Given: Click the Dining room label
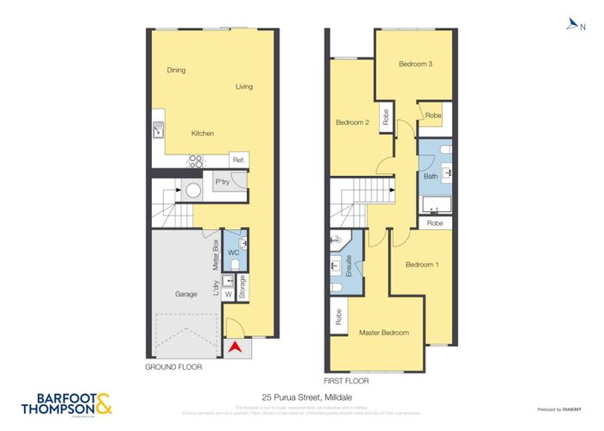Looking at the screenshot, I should (x=176, y=70).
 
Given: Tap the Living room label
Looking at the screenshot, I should (x=244, y=86).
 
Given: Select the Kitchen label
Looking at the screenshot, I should (x=203, y=133).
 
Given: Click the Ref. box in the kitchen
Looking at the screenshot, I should (x=239, y=160).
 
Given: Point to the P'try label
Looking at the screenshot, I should (x=222, y=182).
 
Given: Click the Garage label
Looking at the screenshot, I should (x=186, y=294).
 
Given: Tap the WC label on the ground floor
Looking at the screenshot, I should (x=232, y=253).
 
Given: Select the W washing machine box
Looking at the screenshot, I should (x=229, y=295).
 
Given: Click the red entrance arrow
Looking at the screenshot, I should (x=234, y=347).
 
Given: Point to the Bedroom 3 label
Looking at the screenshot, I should (x=415, y=64).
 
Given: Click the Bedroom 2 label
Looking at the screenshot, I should (x=352, y=122).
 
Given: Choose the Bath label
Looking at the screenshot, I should (x=430, y=177).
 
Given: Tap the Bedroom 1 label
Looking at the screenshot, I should (x=422, y=264).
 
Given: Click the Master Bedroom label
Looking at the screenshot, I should (x=384, y=333).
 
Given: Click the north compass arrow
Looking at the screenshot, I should (x=571, y=26).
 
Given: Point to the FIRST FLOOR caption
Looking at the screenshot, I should (x=346, y=380).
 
